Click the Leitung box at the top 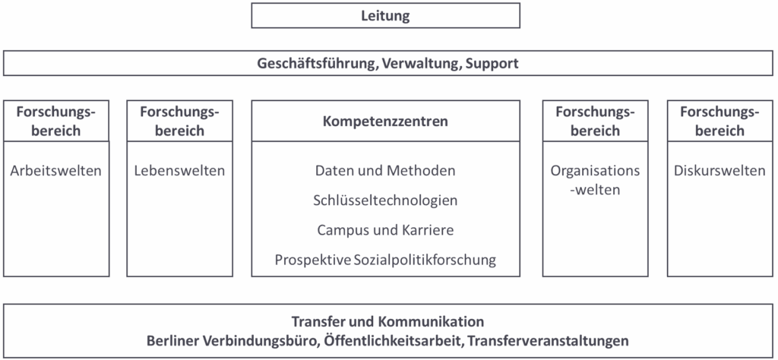pos(385,15)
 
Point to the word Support pos(492,64)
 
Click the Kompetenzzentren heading pos(385,122)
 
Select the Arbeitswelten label pos(55,171)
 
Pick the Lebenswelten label pos(179,171)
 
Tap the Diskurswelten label pos(720,171)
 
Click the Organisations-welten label pos(596,180)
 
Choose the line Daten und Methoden pos(385,171)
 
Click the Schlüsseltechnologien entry pos(385,201)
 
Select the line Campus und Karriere pos(385,231)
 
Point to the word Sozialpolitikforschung pos(425,261)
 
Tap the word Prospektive pos(313,261)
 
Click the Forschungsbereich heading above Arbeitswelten pos(55,121)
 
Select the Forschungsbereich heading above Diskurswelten pos(720,121)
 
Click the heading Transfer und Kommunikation pos(388,322)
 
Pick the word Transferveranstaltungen pos(548,342)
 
